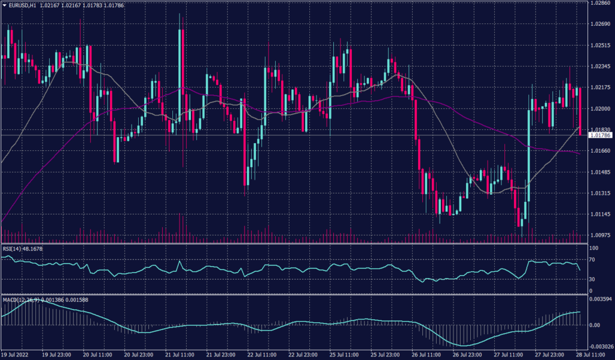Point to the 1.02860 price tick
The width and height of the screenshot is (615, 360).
pyautogui.click(x=601, y=3)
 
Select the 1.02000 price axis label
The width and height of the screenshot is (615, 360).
pyautogui.click(x=601, y=109)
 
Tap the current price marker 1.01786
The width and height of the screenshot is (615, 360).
pyautogui.click(x=601, y=136)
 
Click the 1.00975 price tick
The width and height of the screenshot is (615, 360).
pyautogui.click(x=601, y=236)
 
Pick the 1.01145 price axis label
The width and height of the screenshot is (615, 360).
pyautogui.click(x=601, y=215)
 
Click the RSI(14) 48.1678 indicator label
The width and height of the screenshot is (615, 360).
pyautogui.click(x=24, y=248)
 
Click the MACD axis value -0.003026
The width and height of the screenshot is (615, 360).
pyautogui.click(x=601, y=347)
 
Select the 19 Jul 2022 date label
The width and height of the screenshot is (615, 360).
pyautogui.click(x=17, y=355)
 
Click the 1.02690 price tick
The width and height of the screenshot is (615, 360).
pyautogui.click(x=601, y=24)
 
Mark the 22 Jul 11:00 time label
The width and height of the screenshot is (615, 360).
pyautogui.click(x=262, y=355)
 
